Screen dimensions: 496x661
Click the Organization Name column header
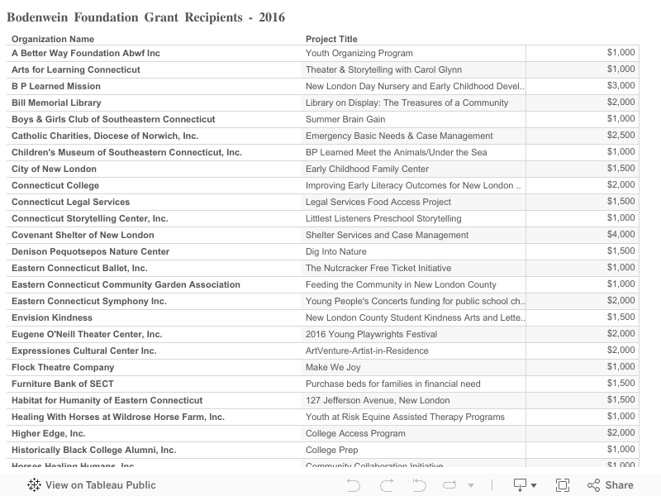coord(53,39)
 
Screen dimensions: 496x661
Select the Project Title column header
coord(331,39)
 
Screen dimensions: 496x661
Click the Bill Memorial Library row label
coord(56,103)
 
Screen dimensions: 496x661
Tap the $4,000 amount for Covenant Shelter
coord(621,235)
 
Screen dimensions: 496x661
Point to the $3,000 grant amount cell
coord(621,86)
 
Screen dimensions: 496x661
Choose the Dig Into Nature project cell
coord(336,251)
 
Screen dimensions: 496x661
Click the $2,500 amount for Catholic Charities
coord(621,136)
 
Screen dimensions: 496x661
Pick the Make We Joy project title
coord(333,367)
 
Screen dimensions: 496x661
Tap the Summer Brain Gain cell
coord(345,119)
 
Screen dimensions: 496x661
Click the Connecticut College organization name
coord(55,185)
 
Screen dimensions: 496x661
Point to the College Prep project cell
coord(332,450)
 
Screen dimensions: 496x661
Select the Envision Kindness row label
coord(52,317)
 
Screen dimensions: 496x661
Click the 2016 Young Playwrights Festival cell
coord(372,334)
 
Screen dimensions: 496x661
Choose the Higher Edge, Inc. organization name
coord(49,433)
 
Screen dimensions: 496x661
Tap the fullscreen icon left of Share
coord(563,485)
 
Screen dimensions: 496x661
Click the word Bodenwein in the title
coord(42,17)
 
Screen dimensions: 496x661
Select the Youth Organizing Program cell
coord(359,53)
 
